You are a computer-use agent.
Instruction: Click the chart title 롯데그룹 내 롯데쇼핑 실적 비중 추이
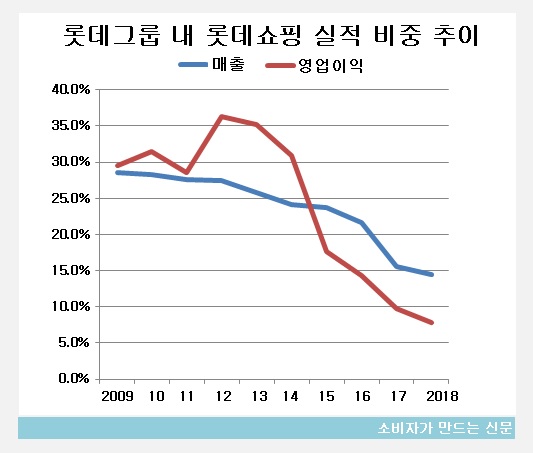266,37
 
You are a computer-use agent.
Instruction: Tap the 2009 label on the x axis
116,396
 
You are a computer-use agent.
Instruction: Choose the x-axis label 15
327,396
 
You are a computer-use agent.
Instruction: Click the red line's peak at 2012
221,117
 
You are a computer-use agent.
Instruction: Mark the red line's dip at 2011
186,172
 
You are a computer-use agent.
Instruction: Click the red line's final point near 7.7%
431,322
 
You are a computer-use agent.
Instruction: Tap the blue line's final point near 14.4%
431,274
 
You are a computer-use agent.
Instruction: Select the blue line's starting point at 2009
117,172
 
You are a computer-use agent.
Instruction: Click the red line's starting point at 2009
117,165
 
